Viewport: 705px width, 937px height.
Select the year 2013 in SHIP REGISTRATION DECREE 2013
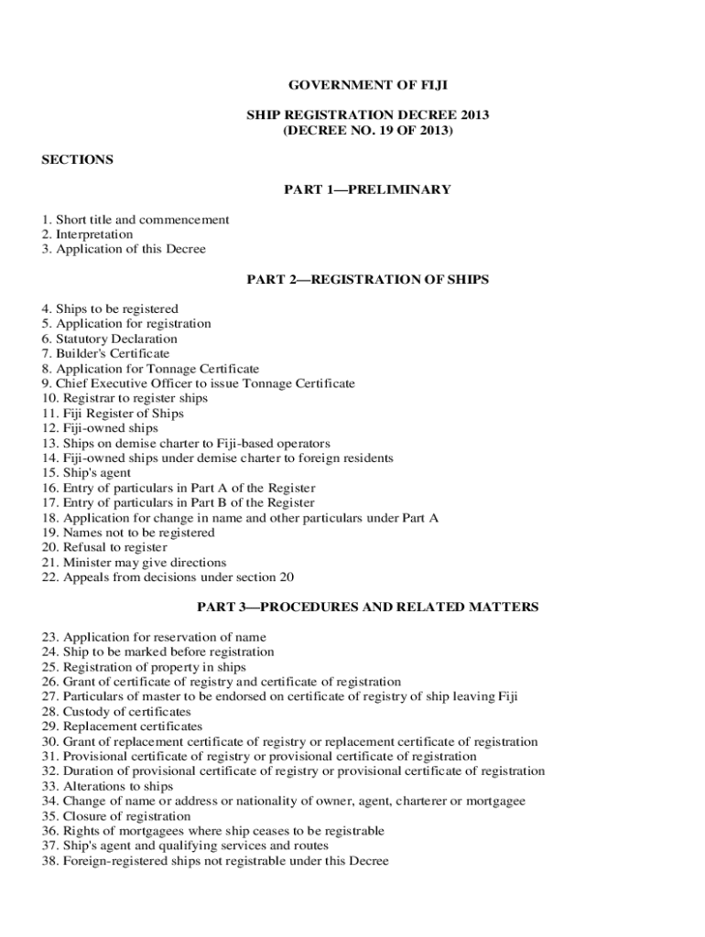click(x=472, y=115)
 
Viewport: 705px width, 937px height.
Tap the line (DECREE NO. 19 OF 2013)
click(x=367, y=131)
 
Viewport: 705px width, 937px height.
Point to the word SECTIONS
click(x=78, y=159)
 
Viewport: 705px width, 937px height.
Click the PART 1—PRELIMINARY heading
click(x=367, y=189)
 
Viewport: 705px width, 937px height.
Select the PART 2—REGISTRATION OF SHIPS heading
click(x=367, y=279)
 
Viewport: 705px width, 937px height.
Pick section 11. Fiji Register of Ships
click(x=113, y=414)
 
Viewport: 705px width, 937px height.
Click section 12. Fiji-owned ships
click(x=100, y=428)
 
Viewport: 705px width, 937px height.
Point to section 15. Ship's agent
click(x=86, y=473)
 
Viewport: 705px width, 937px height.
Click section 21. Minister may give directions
click(x=134, y=562)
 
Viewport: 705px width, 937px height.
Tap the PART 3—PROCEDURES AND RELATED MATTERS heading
click(x=367, y=607)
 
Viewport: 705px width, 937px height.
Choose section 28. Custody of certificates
click(x=116, y=711)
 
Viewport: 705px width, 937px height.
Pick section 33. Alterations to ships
click(x=107, y=786)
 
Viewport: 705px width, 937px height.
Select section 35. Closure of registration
click(x=116, y=816)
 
